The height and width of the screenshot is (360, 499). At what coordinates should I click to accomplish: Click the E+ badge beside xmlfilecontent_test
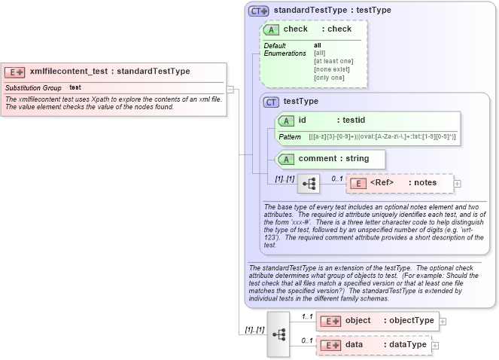pos(15,72)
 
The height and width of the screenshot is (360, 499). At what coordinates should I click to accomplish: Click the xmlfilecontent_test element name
pos(67,72)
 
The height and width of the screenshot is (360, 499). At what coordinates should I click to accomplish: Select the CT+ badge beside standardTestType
pos(259,11)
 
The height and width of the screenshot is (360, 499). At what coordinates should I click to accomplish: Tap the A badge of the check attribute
pos(271,29)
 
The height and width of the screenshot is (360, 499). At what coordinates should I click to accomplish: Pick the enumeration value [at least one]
pos(333,61)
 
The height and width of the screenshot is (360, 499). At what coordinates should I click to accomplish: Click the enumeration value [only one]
pos(329,78)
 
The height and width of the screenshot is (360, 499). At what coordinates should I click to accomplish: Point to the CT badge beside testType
pos(271,102)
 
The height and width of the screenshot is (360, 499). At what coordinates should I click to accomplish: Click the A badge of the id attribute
pos(286,121)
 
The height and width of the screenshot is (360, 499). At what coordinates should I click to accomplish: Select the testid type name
pos(354,120)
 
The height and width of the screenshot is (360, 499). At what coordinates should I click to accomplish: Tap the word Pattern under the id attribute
pos(290,137)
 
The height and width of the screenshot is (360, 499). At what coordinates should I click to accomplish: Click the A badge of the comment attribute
pos(286,159)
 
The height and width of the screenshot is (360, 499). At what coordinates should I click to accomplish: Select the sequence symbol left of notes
pos(309,183)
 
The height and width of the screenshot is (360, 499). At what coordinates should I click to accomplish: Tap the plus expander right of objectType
pos(443,321)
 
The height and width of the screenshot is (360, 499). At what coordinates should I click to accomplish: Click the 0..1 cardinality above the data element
pos(307,340)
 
